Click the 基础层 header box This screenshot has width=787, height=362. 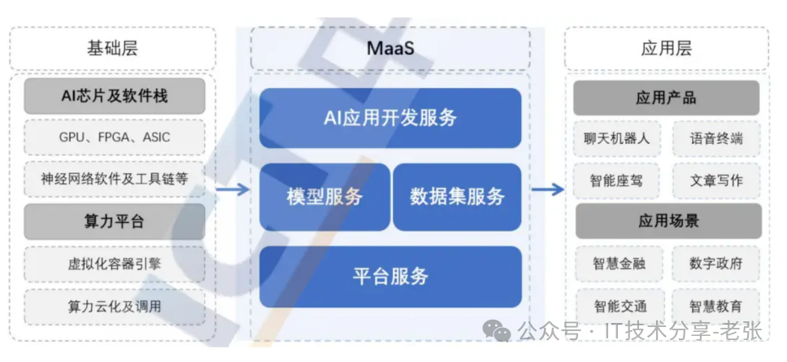click(112, 48)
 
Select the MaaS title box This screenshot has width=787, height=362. click(390, 48)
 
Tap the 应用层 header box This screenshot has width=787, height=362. click(666, 48)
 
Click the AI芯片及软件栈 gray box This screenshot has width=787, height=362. click(114, 96)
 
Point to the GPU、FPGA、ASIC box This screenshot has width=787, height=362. click(114, 137)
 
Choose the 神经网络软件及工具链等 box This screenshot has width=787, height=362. click(114, 178)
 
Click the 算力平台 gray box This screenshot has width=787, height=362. click(114, 221)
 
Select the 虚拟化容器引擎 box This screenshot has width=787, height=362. click(114, 264)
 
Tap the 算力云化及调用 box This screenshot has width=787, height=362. click(114, 307)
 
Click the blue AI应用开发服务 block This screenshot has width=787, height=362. click(390, 118)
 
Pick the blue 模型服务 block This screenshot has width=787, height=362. click(324, 197)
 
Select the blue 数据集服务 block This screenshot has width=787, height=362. click(457, 197)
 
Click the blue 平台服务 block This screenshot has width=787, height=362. click(390, 277)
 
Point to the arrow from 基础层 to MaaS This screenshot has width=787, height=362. click(233, 190)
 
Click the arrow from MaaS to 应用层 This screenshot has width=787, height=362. click(547, 190)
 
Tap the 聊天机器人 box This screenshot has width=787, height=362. click(617, 138)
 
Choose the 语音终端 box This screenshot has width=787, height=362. click(715, 138)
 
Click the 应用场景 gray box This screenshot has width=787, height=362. click(667, 221)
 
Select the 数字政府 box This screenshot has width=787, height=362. click(715, 264)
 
